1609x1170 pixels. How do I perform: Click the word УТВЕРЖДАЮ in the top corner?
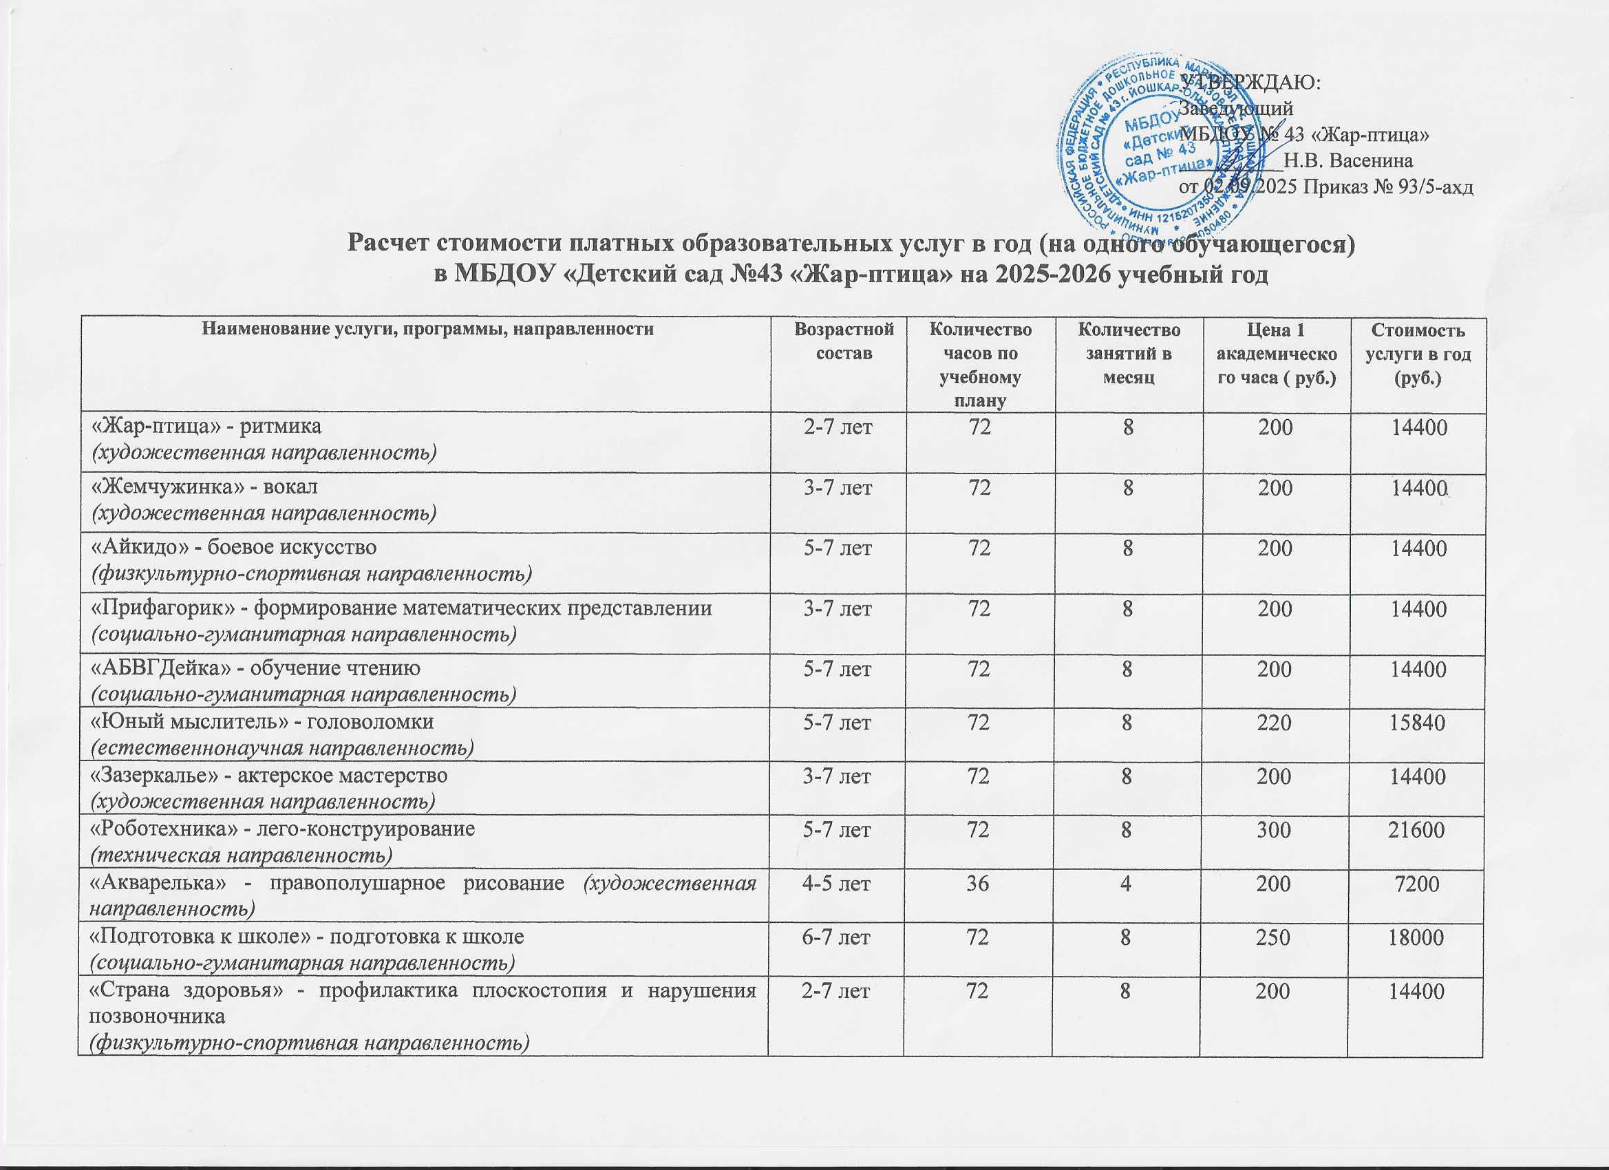(x=1255, y=82)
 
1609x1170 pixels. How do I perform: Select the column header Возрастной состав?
(x=844, y=341)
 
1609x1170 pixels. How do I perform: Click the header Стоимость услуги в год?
(x=1418, y=354)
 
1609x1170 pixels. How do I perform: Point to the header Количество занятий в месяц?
(x=1129, y=354)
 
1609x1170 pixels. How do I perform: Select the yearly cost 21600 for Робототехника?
(x=1417, y=829)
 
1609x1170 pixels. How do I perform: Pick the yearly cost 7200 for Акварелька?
(x=1417, y=884)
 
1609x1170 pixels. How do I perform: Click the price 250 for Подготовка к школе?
(x=1274, y=937)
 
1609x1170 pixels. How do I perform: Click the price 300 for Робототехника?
(x=1274, y=829)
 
